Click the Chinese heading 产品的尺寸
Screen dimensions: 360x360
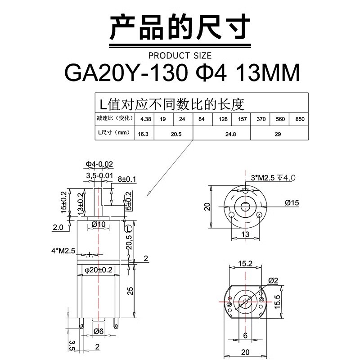[x=180, y=28]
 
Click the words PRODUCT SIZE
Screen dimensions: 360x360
[x=180, y=56]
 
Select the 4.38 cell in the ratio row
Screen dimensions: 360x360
[x=145, y=119]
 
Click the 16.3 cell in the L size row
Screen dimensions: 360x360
[x=144, y=134]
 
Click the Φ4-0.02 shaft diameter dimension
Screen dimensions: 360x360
[x=99, y=164]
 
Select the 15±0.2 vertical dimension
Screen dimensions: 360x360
[x=64, y=202]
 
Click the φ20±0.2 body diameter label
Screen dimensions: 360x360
[x=99, y=270]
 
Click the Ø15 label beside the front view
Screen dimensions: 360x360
[x=292, y=203]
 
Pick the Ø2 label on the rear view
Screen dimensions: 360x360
[x=273, y=281]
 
